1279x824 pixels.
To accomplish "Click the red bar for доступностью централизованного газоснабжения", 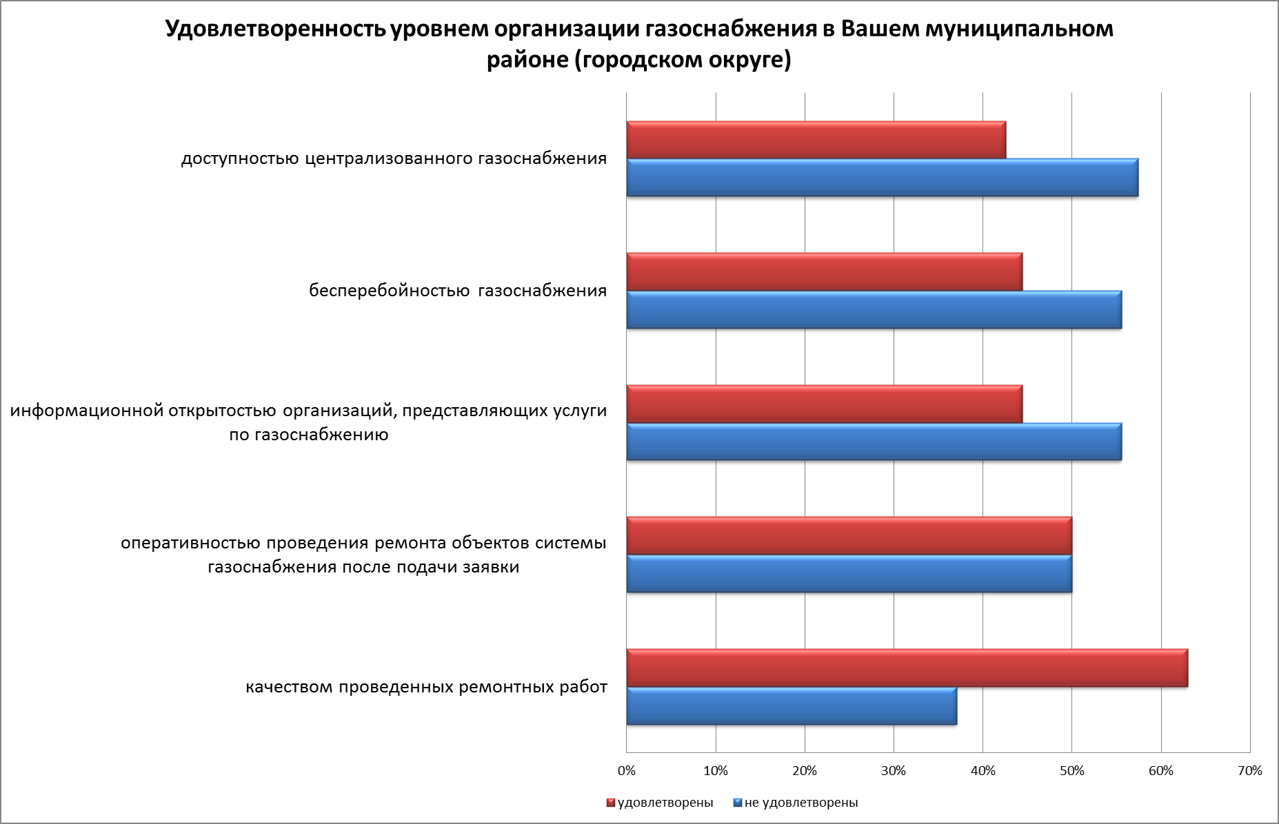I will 816,140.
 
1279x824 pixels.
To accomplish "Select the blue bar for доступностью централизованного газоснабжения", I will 882,178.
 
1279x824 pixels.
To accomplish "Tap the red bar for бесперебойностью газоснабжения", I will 824,272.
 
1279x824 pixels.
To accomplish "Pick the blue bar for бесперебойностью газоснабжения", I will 874,310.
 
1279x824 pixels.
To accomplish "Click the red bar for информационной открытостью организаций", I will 824,404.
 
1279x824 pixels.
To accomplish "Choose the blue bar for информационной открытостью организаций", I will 874,442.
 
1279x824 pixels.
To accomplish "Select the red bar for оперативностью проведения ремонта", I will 849,536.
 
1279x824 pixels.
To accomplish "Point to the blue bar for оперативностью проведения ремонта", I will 849,574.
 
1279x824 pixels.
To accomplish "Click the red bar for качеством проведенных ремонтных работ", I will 907,668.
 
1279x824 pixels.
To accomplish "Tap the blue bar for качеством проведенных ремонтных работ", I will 792,706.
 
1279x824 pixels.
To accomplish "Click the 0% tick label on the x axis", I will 627,771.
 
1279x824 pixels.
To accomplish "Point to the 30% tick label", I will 894,771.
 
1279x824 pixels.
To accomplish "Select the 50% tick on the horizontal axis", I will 1071,771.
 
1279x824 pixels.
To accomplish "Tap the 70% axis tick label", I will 1249,771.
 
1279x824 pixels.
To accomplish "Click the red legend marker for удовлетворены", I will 610,803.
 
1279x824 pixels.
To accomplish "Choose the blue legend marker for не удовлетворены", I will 737,803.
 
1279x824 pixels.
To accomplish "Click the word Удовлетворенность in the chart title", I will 274,30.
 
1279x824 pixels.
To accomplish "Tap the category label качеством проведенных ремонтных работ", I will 426,688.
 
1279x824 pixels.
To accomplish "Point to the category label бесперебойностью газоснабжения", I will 458,291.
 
